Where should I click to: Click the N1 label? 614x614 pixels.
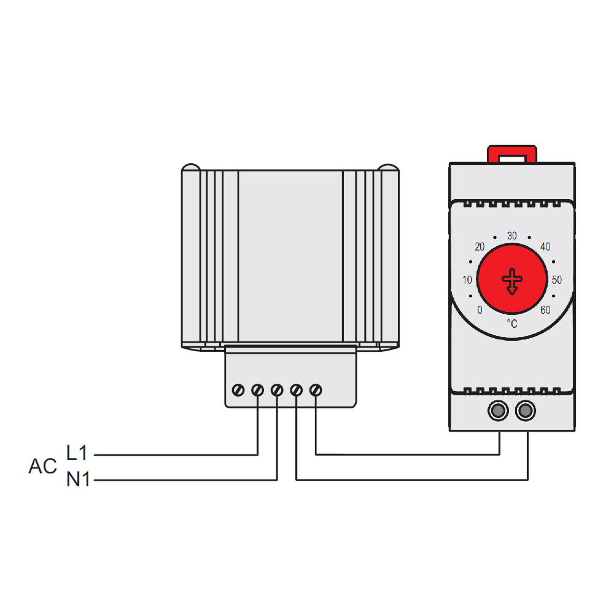coord(78,480)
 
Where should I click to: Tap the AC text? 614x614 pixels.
coord(42,467)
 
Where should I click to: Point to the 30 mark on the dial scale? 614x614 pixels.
coord(512,236)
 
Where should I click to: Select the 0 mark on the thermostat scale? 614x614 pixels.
coord(480,310)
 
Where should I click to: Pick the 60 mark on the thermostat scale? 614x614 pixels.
coord(545,310)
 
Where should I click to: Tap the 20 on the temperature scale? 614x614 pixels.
coord(480,247)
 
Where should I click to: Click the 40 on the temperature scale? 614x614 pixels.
coord(545,247)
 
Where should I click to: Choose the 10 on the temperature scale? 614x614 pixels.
coord(467,280)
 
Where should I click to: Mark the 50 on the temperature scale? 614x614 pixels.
coord(557,280)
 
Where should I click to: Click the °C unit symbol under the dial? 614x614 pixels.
coord(512,323)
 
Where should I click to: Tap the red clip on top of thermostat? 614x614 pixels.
coord(512,153)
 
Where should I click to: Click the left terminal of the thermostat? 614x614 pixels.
coord(498,411)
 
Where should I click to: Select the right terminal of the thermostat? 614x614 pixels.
coord(526,411)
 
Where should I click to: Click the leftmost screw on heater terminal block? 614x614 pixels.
coord(239,390)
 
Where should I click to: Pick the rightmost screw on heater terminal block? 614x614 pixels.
coord(316,390)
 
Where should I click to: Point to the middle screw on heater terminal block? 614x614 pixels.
coord(277,390)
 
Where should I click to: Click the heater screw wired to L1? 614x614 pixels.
coord(258,390)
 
